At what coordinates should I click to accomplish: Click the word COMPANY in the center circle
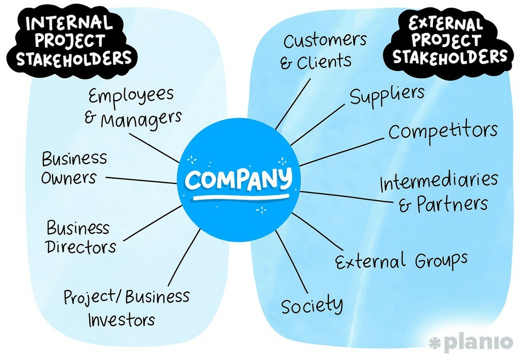point(239,179)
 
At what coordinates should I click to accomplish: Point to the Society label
point(312,304)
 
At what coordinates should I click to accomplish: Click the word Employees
point(131,95)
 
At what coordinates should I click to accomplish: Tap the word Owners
point(69,178)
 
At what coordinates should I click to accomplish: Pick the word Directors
point(81,247)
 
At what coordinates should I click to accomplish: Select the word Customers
point(325,40)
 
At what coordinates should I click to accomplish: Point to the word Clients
point(324,62)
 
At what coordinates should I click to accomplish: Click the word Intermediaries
point(439,181)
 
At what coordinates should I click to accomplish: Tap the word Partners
point(453,204)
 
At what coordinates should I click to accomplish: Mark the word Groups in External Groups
point(441,260)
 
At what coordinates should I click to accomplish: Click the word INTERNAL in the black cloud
point(69,22)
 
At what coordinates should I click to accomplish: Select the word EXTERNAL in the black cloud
point(446,24)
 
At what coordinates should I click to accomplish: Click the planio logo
point(471,342)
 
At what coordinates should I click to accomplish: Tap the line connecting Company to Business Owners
point(141,180)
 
